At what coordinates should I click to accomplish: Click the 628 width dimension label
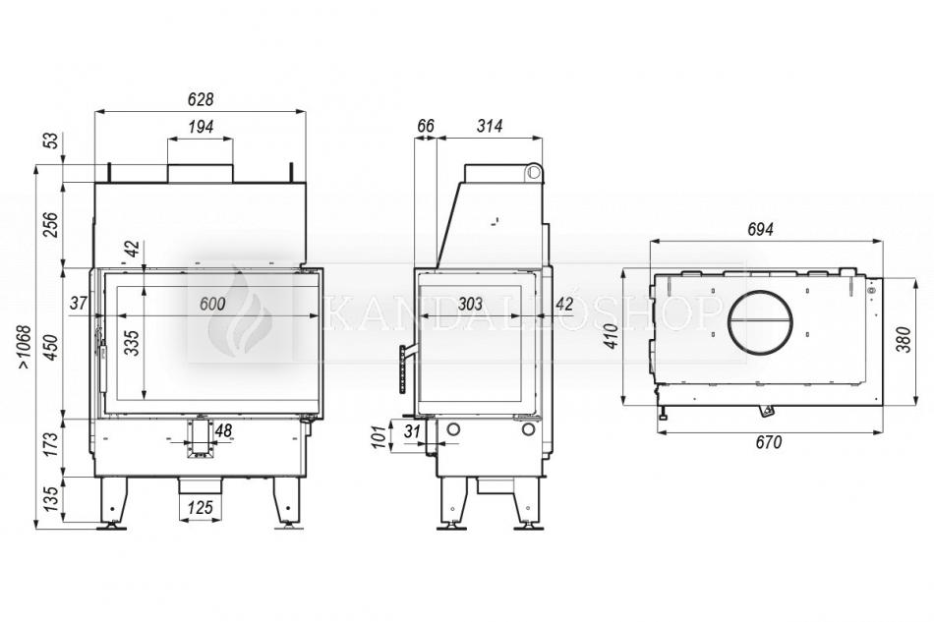(201, 99)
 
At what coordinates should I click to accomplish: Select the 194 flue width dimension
(201, 127)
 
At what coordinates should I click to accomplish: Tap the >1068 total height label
(23, 347)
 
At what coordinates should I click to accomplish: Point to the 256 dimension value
(51, 224)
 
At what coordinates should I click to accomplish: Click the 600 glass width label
(212, 304)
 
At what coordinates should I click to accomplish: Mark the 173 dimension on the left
(51, 444)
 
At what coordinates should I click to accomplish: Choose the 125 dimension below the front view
(200, 507)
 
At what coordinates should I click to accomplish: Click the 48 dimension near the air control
(223, 430)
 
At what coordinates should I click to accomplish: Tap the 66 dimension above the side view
(426, 126)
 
